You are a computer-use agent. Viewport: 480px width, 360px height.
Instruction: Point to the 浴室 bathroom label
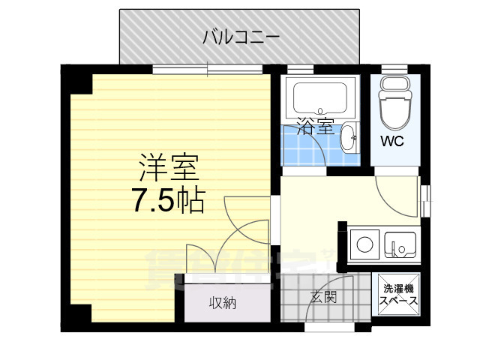(314, 126)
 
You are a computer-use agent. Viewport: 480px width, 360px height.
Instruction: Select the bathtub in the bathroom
(321, 97)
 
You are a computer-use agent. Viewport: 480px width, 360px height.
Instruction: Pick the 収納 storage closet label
(222, 304)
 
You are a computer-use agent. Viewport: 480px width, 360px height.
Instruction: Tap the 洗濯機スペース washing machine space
(398, 294)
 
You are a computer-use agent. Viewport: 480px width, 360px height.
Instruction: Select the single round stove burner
(365, 244)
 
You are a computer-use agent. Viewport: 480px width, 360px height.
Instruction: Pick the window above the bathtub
(300, 70)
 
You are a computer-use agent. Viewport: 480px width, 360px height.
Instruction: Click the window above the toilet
(394, 70)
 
